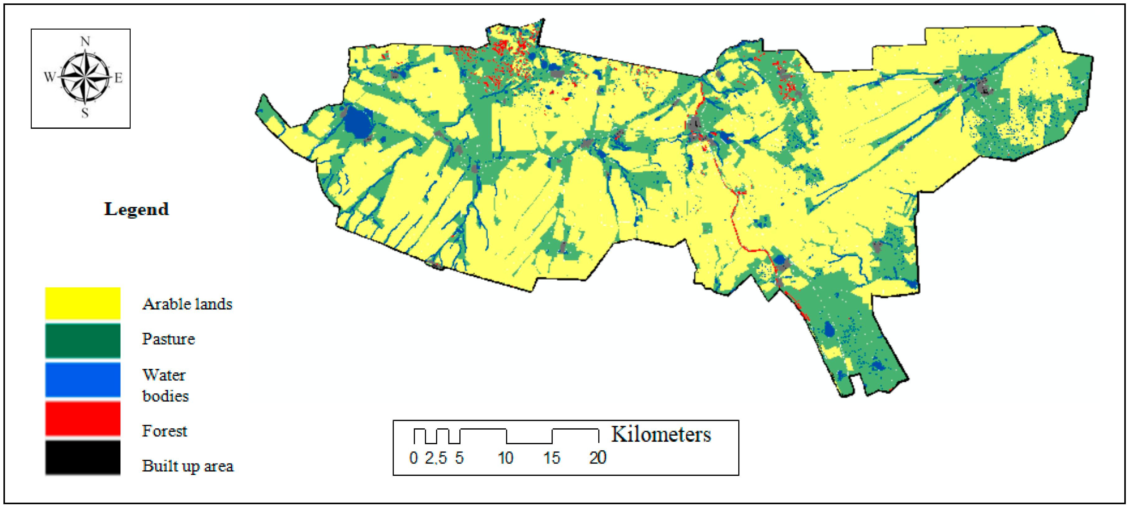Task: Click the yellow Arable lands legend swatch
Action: (x=83, y=303)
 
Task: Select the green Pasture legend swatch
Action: (x=83, y=340)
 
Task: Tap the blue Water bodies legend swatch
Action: (x=83, y=379)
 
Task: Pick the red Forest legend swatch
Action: (x=83, y=419)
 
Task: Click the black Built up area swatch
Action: (x=83, y=457)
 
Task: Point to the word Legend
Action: (x=136, y=209)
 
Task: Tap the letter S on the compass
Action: (x=85, y=113)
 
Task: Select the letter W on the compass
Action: (x=49, y=77)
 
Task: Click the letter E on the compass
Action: (x=118, y=78)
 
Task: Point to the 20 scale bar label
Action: (x=597, y=458)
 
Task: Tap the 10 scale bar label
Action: (x=505, y=458)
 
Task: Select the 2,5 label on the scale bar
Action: (x=436, y=458)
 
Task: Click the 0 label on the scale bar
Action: (x=413, y=458)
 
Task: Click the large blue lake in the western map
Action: (x=358, y=122)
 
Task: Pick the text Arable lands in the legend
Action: (x=187, y=304)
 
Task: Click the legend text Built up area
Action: (x=188, y=466)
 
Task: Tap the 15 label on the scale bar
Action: (x=551, y=458)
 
